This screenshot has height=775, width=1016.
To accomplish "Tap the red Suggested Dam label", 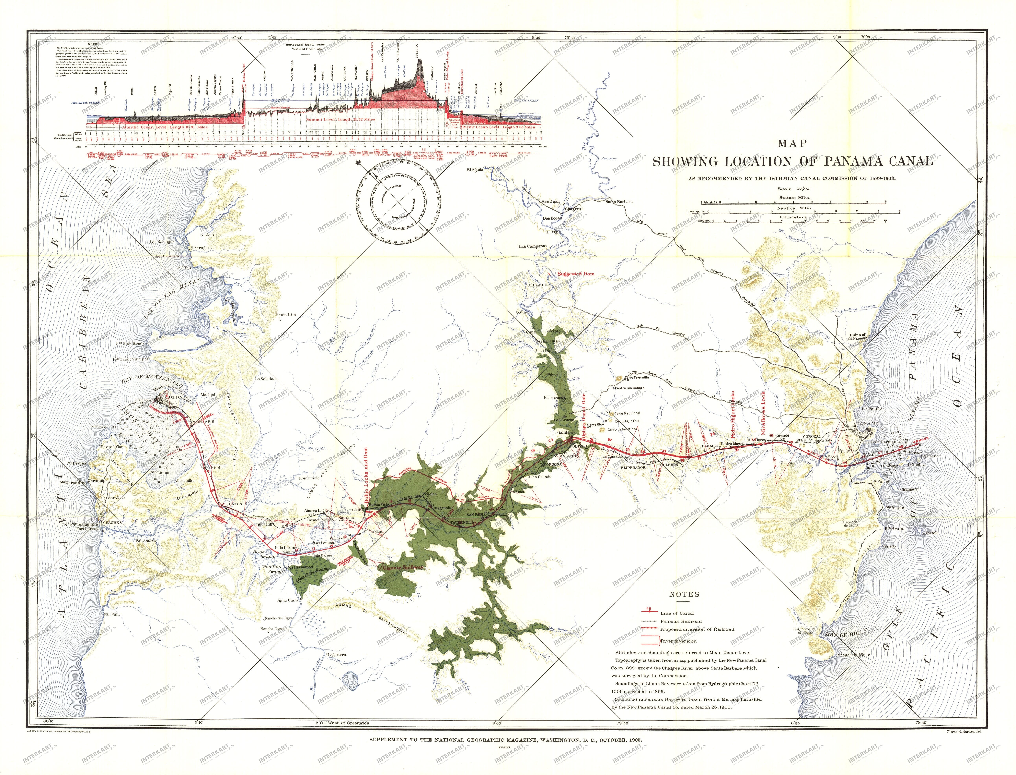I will [576, 273].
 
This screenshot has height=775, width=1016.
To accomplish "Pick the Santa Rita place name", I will [286, 315].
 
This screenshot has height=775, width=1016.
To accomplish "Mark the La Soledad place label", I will [265, 379].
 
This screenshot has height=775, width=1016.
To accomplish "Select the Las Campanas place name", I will [533, 246].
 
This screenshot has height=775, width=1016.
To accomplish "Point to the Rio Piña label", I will [112, 614].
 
